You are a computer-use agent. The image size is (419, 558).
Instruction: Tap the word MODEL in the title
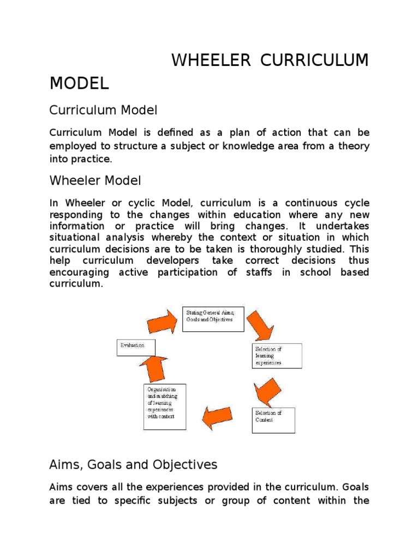click(x=79, y=83)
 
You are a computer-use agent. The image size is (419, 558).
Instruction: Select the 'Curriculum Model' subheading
click(x=103, y=110)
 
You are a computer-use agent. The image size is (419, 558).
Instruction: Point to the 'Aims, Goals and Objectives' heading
click(x=133, y=465)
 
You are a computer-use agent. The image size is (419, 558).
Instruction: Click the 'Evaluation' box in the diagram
click(x=135, y=347)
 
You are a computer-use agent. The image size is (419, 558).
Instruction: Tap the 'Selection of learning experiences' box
click(x=277, y=355)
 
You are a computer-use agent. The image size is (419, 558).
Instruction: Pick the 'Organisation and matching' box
click(x=164, y=406)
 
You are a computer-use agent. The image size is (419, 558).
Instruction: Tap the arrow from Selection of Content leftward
click(x=219, y=417)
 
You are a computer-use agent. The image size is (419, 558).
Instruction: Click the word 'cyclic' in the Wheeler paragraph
click(x=116, y=203)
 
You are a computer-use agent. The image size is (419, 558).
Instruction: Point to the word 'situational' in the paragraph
click(x=74, y=238)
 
